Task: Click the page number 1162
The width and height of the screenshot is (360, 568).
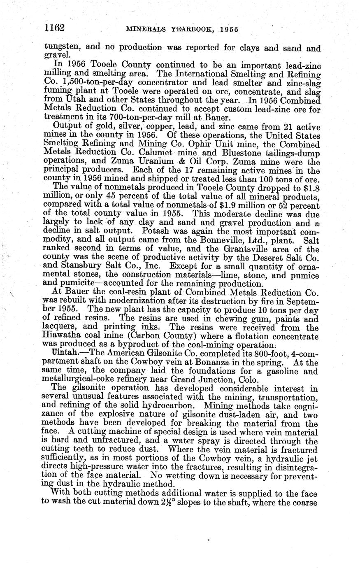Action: (x=55, y=28)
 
